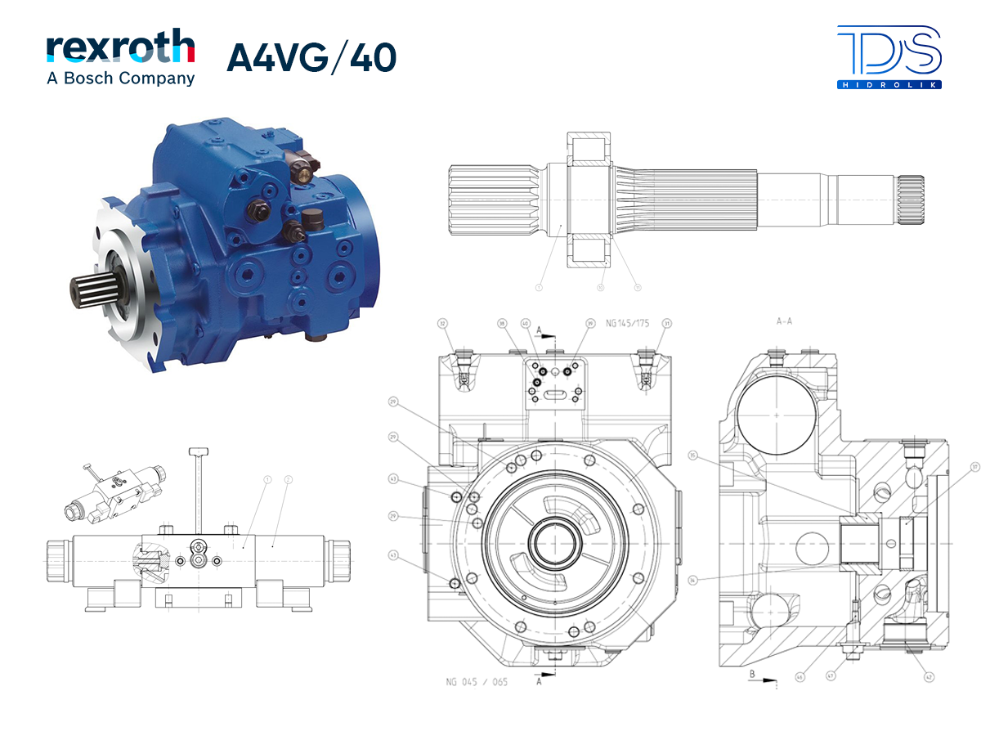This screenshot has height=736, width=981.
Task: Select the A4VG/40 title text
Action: [311, 57]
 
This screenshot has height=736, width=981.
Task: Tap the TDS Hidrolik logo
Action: [889, 56]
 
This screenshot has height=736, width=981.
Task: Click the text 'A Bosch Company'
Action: [120, 79]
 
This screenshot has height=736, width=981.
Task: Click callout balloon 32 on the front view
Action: [444, 324]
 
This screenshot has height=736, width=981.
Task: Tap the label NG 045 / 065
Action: [477, 681]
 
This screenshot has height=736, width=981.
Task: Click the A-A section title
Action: [785, 322]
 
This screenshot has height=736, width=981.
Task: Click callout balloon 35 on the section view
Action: [693, 456]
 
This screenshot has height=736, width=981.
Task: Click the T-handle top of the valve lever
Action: [200, 451]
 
